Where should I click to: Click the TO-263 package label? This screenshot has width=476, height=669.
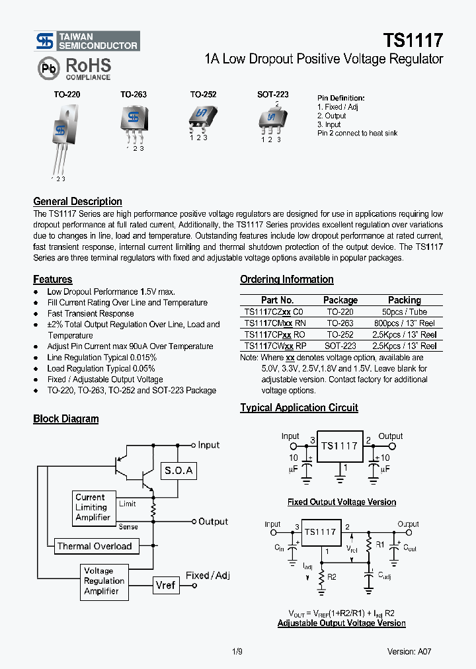(x=133, y=95)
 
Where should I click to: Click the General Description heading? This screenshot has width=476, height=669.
(x=77, y=202)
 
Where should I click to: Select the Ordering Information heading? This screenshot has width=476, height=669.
(x=286, y=280)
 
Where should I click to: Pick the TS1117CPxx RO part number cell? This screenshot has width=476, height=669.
(x=274, y=335)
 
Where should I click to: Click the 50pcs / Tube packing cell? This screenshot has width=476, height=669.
(x=404, y=312)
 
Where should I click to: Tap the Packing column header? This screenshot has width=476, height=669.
(x=404, y=300)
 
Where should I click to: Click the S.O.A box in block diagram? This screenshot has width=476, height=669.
(x=178, y=471)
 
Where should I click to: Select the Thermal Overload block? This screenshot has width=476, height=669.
(x=95, y=546)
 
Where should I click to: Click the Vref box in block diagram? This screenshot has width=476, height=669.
(x=166, y=585)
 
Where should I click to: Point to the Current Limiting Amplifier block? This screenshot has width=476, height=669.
(x=93, y=507)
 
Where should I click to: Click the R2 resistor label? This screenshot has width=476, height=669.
(x=332, y=576)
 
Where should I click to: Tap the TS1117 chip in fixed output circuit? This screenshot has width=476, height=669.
(x=339, y=446)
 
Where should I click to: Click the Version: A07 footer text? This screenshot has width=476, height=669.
(x=409, y=651)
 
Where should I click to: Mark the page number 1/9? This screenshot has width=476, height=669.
(x=238, y=651)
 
